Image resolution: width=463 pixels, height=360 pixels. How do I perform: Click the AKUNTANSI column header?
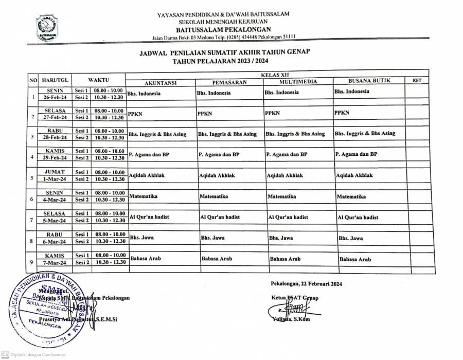click(x=161, y=82)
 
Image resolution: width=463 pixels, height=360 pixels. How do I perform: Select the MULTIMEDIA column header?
click(x=298, y=82)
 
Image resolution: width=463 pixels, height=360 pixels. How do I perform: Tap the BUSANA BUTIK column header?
click(x=369, y=81)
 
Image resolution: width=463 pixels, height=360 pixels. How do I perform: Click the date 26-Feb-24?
click(x=55, y=97)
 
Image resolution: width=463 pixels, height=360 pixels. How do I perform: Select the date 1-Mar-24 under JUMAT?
click(x=55, y=179)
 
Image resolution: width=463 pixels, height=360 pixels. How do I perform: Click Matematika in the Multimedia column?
click(x=282, y=196)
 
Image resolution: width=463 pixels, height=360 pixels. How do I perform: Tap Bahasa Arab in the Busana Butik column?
click(x=355, y=260)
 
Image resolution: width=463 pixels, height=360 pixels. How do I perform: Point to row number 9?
click(x=32, y=262)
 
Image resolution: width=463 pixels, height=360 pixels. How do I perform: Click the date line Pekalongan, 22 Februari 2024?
click(x=306, y=284)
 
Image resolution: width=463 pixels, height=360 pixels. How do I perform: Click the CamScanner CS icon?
click(x=5, y=354)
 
